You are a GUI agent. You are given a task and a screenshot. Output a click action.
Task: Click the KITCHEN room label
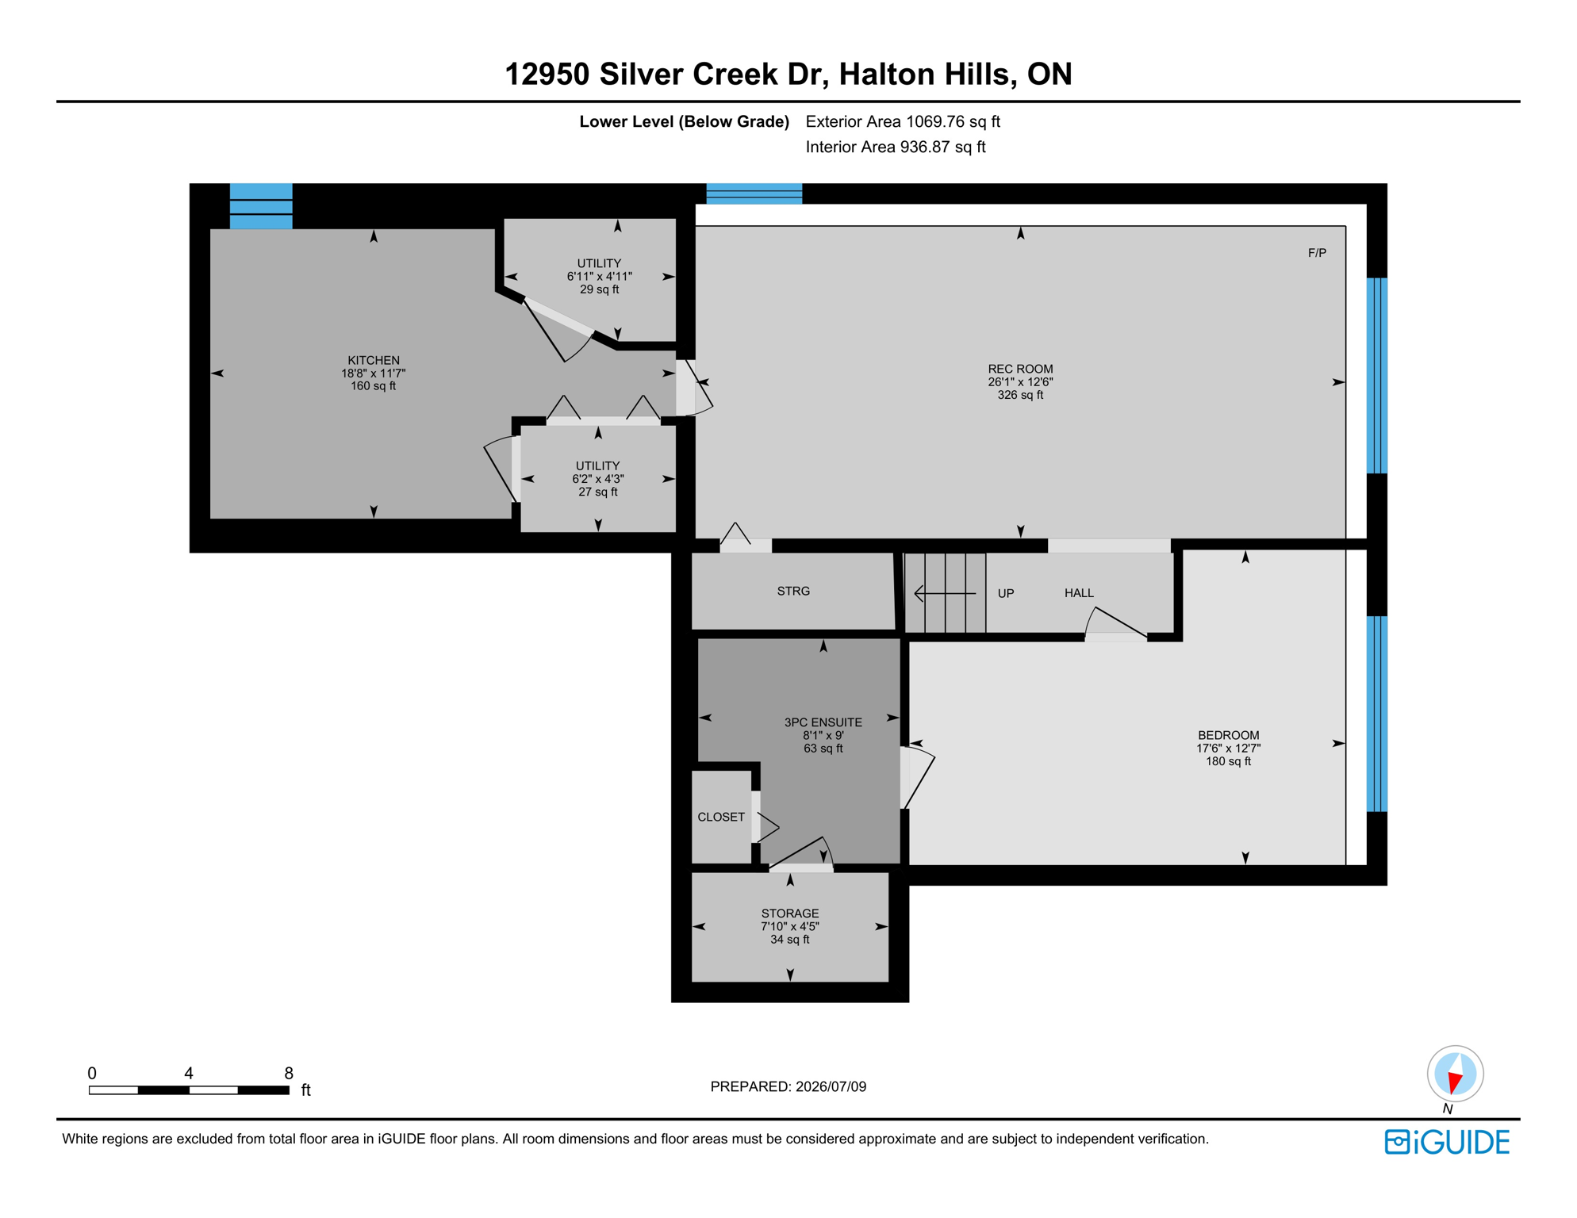[374, 360]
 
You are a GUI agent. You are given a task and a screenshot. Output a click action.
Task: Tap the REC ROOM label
[1020, 369]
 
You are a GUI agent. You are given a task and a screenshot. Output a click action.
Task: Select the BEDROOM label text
[1228, 735]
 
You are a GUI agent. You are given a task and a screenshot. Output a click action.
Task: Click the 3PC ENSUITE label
[823, 722]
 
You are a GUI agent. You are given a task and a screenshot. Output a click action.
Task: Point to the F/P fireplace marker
[1317, 253]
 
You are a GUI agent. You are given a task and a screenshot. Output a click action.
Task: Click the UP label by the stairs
[1006, 593]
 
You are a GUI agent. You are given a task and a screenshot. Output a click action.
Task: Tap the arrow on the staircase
[945, 593]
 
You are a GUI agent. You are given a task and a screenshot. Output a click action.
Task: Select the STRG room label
[793, 591]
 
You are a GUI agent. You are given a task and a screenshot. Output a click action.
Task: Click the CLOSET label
[721, 817]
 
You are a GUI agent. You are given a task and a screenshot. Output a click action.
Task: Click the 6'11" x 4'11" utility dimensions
[599, 277]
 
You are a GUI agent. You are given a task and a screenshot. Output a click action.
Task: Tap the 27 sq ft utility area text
[598, 492]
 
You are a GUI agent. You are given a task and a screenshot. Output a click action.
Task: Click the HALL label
[1079, 593]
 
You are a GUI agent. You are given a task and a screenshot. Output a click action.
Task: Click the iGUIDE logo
[1447, 1142]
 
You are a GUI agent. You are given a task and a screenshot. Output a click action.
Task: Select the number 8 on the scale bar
[289, 1073]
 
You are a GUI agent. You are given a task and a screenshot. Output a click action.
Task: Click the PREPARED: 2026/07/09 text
[788, 1086]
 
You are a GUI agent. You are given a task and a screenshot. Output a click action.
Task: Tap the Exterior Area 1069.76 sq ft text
[903, 121]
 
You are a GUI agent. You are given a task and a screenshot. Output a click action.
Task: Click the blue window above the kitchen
[261, 206]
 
